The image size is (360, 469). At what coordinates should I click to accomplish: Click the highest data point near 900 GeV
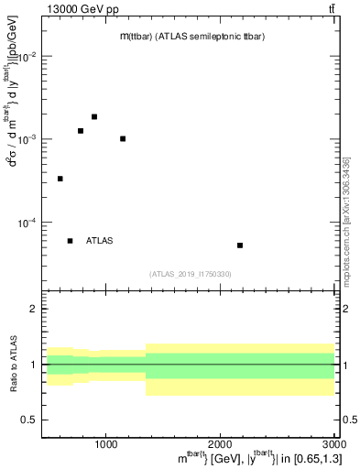click(x=94, y=116)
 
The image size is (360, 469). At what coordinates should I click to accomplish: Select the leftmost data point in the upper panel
click(x=60, y=179)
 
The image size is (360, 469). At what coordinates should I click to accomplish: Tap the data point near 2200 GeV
click(x=240, y=245)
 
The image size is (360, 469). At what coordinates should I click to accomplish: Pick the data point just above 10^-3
click(x=123, y=139)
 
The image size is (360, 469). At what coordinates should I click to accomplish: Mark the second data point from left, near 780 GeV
click(x=81, y=131)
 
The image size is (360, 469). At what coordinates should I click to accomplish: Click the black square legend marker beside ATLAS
click(x=70, y=241)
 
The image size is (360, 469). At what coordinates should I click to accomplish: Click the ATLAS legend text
click(x=100, y=241)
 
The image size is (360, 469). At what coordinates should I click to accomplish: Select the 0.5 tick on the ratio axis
click(x=31, y=420)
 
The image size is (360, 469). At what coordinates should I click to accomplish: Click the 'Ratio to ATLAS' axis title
click(x=13, y=364)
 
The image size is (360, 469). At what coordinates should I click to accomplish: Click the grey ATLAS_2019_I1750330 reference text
click(x=190, y=274)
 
